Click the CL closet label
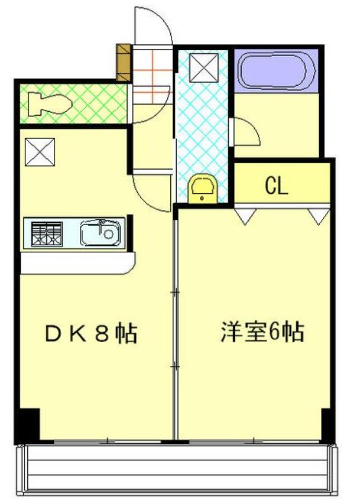pos(276,186)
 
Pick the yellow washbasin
pos(201,188)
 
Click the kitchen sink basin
pos(101,233)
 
